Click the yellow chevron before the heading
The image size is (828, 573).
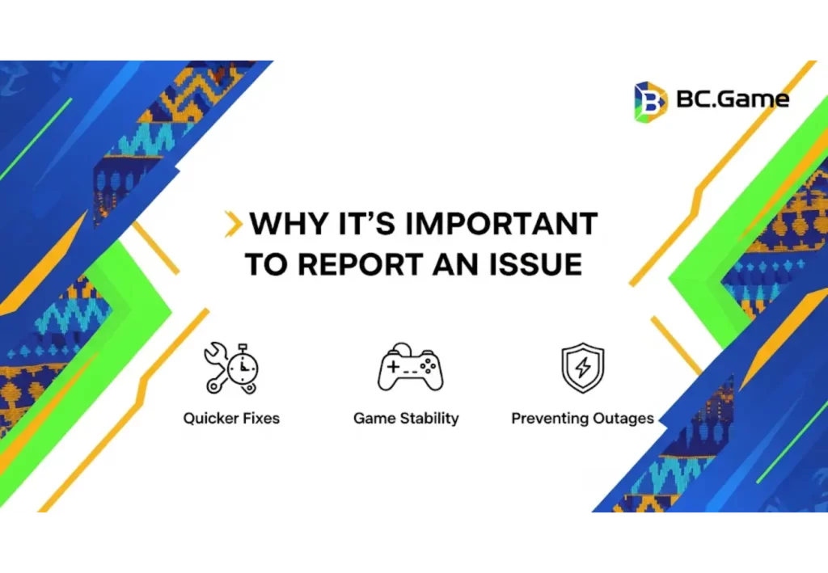coord(233,224)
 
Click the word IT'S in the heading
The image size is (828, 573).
coord(357,224)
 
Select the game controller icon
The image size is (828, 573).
coord(410,369)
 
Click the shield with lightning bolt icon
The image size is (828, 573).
coord(582,369)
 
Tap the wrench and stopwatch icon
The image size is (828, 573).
coord(231,369)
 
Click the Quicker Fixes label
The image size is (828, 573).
coord(231,419)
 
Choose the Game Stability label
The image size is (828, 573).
coord(406,419)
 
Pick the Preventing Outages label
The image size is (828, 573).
coord(582,419)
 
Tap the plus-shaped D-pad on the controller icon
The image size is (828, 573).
coord(394,368)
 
